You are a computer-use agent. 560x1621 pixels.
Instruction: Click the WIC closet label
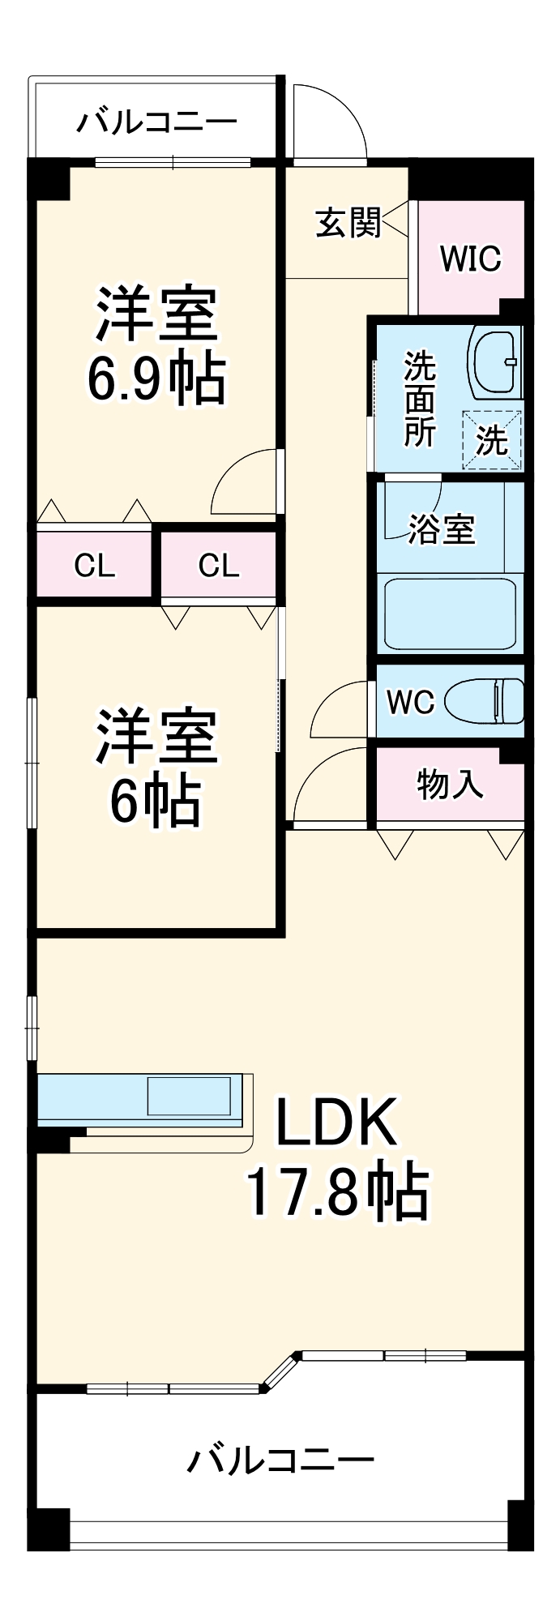point(470,259)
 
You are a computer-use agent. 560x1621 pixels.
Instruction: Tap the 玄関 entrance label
point(348,222)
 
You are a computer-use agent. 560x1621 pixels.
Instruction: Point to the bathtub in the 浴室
point(451,614)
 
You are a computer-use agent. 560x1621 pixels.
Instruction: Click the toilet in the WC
point(484,699)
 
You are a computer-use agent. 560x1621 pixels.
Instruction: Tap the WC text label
point(410,702)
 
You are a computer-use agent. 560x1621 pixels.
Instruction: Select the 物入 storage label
point(450,785)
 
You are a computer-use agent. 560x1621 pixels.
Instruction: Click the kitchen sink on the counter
point(195,1096)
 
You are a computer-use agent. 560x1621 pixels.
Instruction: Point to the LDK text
point(336,1123)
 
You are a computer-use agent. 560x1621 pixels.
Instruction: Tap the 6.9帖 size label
point(156,379)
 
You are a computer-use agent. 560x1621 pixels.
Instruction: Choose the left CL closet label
point(94,566)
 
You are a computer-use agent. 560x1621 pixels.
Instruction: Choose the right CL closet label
point(219,566)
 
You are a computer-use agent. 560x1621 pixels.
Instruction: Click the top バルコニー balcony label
point(156,122)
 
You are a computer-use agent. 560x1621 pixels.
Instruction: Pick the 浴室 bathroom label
point(441,529)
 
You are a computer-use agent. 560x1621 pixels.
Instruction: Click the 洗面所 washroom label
point(420,399)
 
